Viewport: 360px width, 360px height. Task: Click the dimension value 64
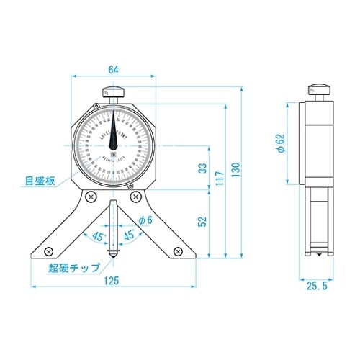tap(112, 70)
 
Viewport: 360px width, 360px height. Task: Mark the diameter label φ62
tap(282, 145)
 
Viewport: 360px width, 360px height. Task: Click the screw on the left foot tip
tap(47, 251)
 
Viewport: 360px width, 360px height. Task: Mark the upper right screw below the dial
tap(136, 196)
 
